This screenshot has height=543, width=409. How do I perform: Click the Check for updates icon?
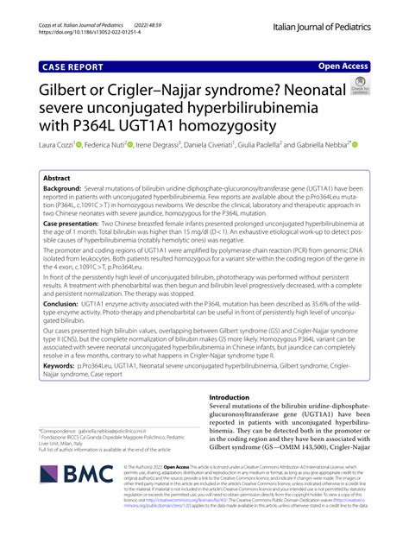tap(359, 86)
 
